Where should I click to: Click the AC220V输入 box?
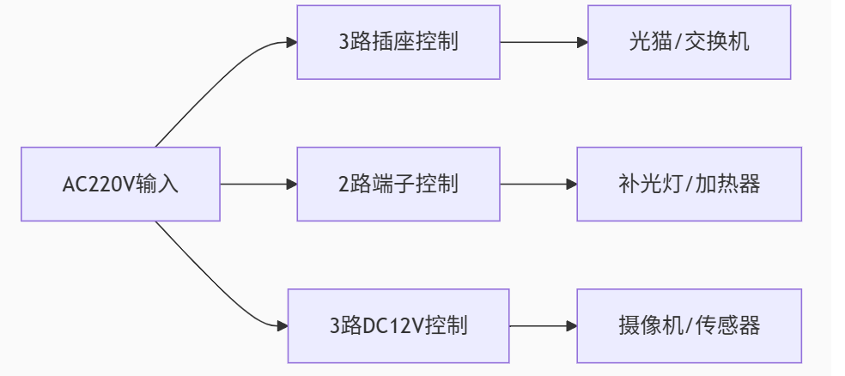pos(120,184)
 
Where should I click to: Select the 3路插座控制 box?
pos(398,42)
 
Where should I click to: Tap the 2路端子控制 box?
pos(398,184)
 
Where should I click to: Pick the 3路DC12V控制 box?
pos(398,325)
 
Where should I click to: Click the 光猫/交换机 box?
pos(689,42)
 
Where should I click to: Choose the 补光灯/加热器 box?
pos(689,184)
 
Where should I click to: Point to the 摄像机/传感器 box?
pos(689,325)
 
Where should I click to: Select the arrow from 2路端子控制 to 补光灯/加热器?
pos(538,184)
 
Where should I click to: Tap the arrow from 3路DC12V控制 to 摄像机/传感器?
pos(543,325)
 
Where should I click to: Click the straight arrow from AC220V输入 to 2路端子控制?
pos(258,184)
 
